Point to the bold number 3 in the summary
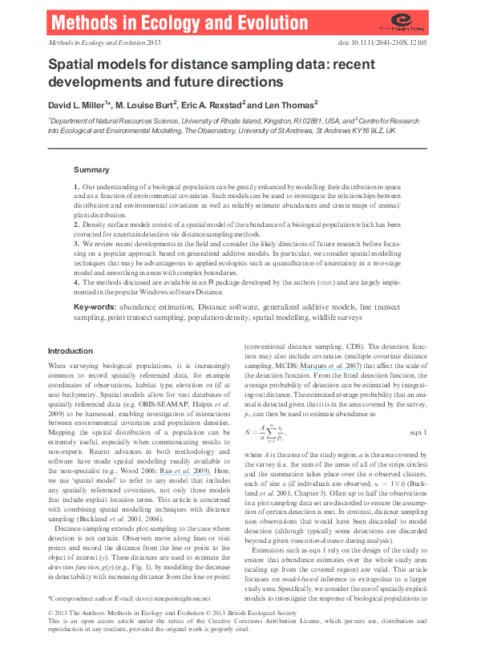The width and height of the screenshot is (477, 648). [x=76, y=242]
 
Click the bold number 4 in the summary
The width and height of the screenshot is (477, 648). [x=76, y=281]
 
